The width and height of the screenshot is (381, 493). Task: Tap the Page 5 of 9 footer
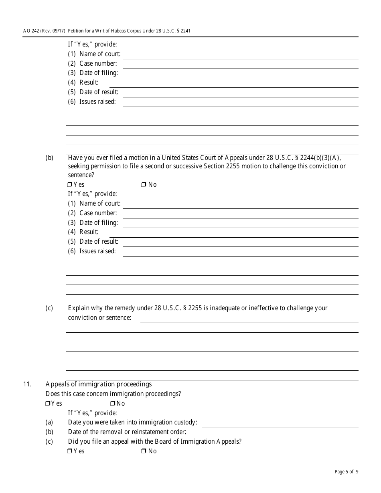point(347,472)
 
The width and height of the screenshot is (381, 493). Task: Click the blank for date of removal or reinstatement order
point(277,433)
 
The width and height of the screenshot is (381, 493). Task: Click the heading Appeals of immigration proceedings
point(99,384)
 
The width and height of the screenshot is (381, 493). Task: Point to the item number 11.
point(27,384)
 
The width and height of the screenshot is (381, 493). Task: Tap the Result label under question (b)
point(89,232)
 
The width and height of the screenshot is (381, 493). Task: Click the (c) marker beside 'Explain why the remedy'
point(49,308)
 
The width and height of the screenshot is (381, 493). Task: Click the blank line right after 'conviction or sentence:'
point(249,319)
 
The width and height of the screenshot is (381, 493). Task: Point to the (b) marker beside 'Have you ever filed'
point(49,158)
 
